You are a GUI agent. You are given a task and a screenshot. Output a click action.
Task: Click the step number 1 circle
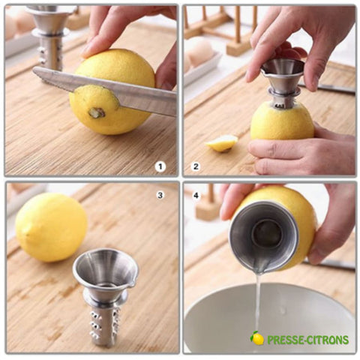(160, 166)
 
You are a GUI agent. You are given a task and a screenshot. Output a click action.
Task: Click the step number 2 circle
(196, 166)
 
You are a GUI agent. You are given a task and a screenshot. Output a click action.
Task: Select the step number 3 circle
(160, 195)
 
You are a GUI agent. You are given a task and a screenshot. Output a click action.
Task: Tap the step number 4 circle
(196, 195)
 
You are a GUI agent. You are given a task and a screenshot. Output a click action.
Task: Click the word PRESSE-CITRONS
(307, 340)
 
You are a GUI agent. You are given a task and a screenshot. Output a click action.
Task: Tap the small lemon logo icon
(257, 338)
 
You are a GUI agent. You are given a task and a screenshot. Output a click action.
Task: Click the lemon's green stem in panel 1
(97, 112)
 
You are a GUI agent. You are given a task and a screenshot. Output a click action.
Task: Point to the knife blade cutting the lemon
(105, 90)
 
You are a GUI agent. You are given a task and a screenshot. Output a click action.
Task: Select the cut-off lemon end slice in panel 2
(221, 143)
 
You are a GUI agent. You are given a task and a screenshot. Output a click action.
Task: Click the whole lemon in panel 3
(51, 227)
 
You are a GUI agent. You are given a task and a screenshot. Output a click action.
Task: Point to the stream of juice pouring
(257, 307)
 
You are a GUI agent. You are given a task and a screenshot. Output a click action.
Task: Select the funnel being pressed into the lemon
(283, 80)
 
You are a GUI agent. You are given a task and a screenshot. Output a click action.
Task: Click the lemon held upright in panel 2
(282, 122)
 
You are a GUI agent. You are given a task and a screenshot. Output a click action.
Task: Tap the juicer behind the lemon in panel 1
(50, 37)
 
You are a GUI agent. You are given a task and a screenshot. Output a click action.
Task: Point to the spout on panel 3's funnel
(132, 282)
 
